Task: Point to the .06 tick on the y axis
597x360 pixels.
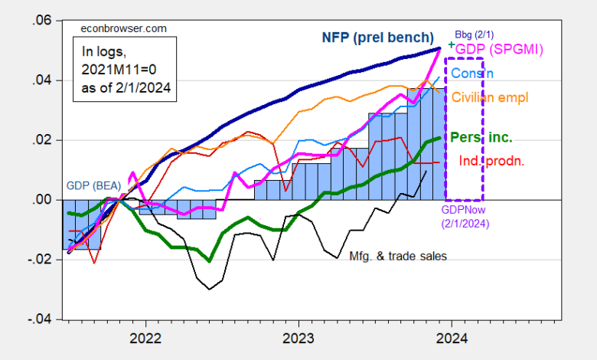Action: coord(40,20)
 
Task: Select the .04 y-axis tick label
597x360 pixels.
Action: coord(40,80)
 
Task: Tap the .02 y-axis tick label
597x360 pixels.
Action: coord(40,139)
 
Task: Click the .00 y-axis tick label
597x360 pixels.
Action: coord(40,199)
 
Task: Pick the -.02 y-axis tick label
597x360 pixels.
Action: coord(38,260)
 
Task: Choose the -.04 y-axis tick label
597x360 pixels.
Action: coord(38,319)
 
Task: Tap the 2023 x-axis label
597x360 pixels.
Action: coord(297,338)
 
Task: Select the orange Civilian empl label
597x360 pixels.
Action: coord(490,97)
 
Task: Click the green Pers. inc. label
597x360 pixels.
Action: coord(480,139)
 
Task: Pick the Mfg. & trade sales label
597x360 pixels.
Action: coord(397,257)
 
